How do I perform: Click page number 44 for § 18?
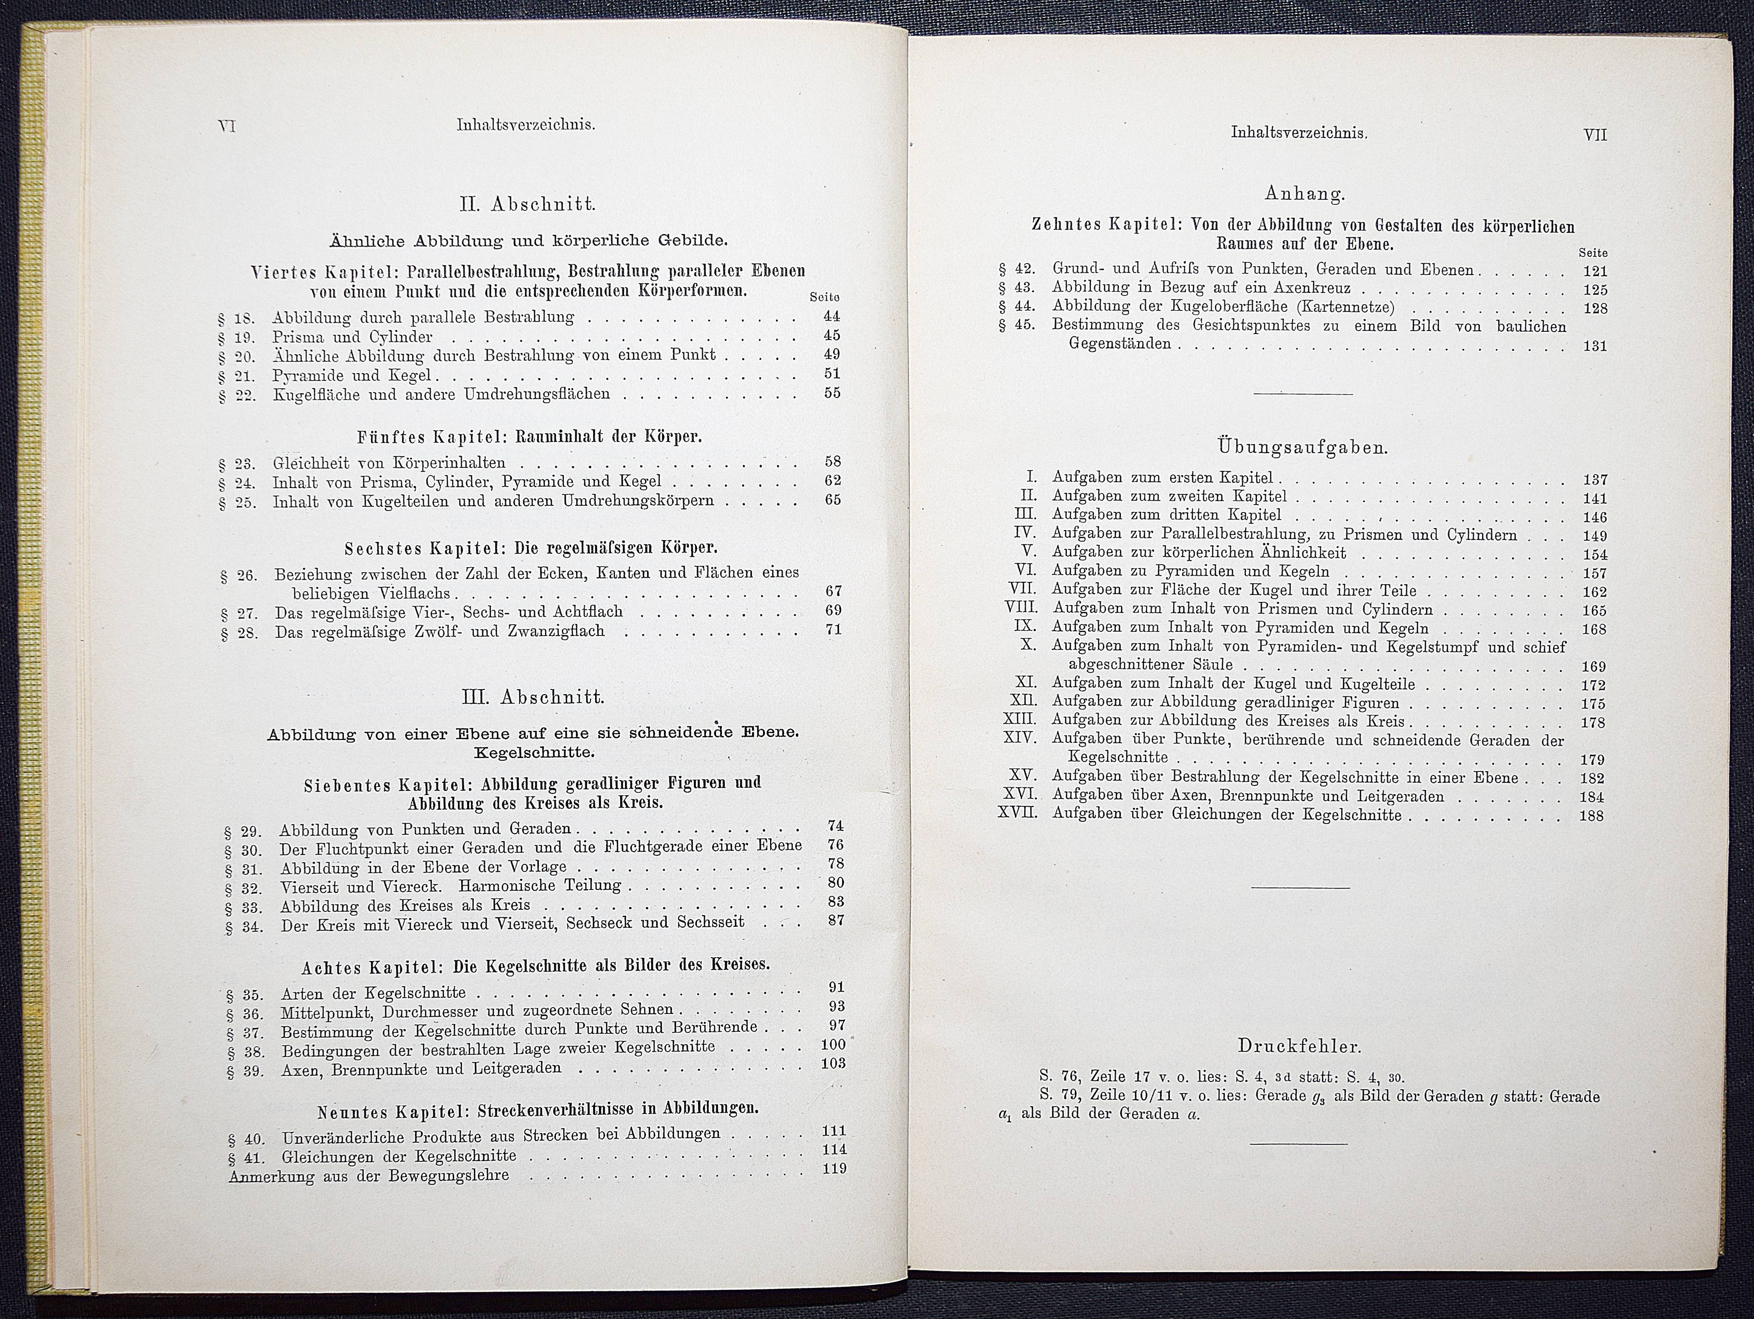click(x=832, y=315)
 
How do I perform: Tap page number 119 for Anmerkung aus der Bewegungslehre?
click(x=834, y=1168)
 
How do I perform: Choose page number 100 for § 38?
click(x=833, y=1045)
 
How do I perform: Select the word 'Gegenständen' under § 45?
click(x=1120, y=344)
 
